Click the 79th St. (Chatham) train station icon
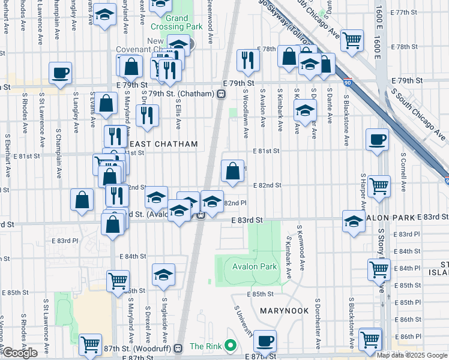[221, 94]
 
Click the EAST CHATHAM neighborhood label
[163, 144]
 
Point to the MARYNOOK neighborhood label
[284, 311]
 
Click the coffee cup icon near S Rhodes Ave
[60, 73]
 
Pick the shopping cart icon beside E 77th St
[352, 40]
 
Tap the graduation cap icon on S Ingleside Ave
[163, 274]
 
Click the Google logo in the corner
[20, 353]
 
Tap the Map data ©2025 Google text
[411, 355]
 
